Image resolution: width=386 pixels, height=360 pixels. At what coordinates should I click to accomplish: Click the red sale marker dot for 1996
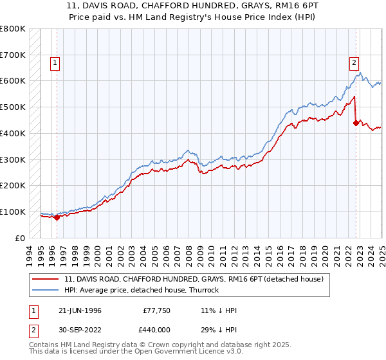(x=57, y=217)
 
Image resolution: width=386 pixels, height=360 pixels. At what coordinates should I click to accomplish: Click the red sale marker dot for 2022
(x=356, y=123)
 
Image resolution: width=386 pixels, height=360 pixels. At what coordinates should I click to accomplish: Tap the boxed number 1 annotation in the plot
(x=55, y=62)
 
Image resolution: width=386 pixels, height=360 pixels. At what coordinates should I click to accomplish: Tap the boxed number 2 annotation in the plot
(x=354, y=62)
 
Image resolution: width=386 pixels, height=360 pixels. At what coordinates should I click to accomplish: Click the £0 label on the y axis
(x=21, y=238)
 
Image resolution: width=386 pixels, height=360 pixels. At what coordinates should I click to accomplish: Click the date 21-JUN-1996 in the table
(x=77, y=310)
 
